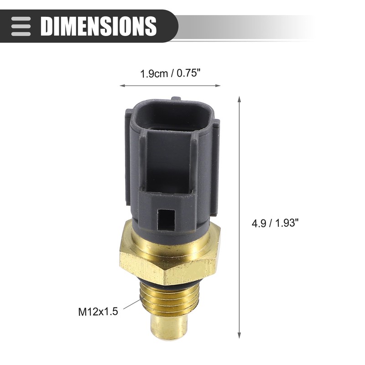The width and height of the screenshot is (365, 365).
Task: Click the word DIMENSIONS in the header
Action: point(98,26)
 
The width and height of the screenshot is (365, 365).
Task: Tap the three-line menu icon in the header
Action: point(21,26)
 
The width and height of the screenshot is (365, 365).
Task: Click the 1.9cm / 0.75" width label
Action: point(170,73)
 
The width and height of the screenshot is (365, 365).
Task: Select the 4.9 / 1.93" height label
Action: point(275,224)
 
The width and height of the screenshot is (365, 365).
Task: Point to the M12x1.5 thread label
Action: point(98,312)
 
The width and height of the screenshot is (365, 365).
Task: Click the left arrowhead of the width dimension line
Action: point(121,85)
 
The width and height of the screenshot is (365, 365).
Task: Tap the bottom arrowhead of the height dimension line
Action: point(239,336)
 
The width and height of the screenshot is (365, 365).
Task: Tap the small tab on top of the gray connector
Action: point(177,98)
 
